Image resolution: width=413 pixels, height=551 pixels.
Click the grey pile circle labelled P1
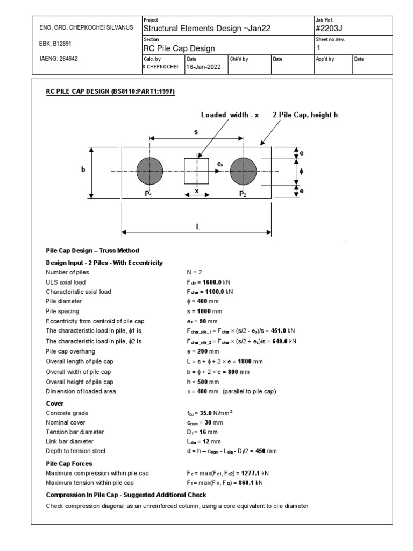coord(149,172)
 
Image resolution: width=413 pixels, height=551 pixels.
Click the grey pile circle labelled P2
coord(243,172)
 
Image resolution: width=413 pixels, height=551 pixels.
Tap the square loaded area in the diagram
coord(196,171)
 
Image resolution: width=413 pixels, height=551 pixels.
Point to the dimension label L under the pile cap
coord(198,227)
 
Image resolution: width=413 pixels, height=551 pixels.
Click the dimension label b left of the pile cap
coord(83,169)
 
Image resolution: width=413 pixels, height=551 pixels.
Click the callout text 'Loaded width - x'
coord(230,115)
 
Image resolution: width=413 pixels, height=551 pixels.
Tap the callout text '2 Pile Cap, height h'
coord(305,115)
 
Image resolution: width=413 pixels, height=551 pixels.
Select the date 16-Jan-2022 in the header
coord(203,67)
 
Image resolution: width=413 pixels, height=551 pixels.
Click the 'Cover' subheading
coord(55,403)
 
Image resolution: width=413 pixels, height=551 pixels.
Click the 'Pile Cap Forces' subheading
coord(69,463)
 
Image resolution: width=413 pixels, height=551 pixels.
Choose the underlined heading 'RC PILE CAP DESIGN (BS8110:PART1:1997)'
coord(110,91)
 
